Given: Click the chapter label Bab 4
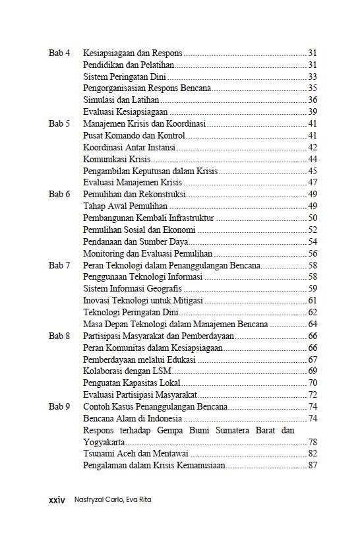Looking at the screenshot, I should (x=59, y=52).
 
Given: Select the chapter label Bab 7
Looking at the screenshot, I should (x=59, y=265).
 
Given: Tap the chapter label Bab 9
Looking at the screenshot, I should (x=59, y=407).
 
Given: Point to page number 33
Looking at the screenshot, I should (x=313, y=76).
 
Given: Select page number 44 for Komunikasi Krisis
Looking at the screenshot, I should (x=313, y=159).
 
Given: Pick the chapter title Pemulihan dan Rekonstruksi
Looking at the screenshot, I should (x=135, y=195).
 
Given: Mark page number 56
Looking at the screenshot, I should (x=313, y=253).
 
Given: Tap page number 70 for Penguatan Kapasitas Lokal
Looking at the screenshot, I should (x=313, y=383).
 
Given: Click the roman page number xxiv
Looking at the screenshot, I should (x=57, y=500).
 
